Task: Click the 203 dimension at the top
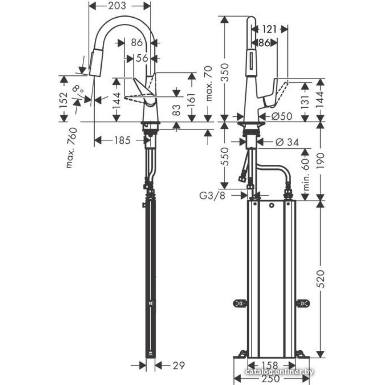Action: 119,7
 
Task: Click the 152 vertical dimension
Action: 64,100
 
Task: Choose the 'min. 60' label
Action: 306,176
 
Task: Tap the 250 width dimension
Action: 271,378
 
